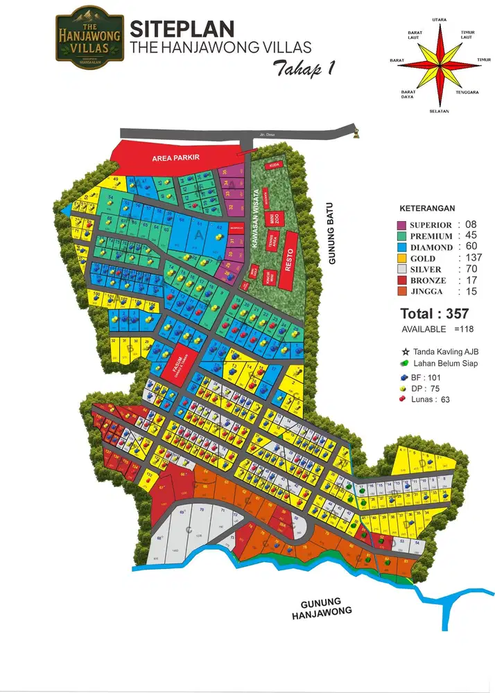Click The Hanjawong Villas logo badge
point(89,35)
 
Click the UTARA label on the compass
point(439,20)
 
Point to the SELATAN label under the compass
point(439,111)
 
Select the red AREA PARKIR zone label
point(176,158)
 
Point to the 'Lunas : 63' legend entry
point(426,399)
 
